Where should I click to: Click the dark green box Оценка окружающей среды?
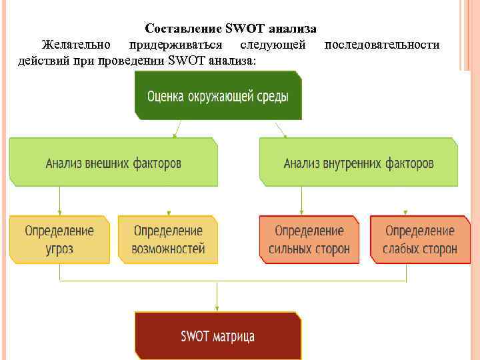point(218,96)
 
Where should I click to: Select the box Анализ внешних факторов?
point(113,162)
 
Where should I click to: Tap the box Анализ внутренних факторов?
point(359,162)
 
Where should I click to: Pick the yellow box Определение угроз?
point(59,240)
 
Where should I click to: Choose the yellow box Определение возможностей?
point(168,240)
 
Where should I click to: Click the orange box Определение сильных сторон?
point(309,240)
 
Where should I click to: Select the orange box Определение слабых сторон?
point(420,240)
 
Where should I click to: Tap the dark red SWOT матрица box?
point(218,335)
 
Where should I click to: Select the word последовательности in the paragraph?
point(381,45)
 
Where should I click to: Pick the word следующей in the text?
point(274,45)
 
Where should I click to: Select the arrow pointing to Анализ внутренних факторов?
point(281,129)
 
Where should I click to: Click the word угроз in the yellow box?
point(59,249)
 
